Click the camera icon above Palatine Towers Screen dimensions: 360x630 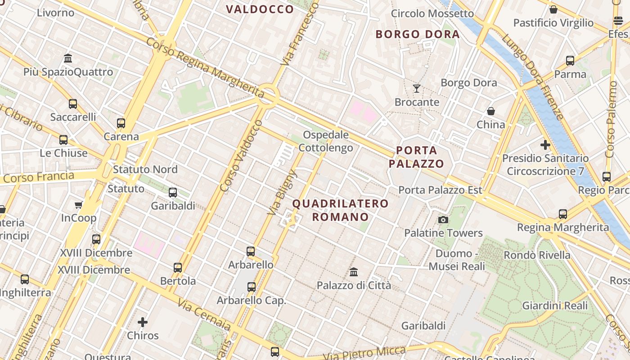(x=443, y=220)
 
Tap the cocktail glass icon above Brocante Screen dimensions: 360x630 (x=417, y=88)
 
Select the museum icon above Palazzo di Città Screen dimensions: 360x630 (x=354, y=272)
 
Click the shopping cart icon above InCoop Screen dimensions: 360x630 (x=79, y=205)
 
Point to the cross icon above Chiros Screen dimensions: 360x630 (x=143, y=322)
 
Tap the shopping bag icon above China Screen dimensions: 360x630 (x=491, y=111)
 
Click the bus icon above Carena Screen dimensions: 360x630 (x=121, y=123)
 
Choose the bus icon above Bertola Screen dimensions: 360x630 (x=178, y=267)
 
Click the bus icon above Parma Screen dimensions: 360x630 (x=570, y=60)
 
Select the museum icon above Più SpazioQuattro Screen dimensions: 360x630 (x=68, y=58)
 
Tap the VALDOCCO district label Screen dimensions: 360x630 (x=260, y=9)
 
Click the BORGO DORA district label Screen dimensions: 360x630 (x=418, y=34)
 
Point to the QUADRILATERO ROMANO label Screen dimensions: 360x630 (x=340, y=210)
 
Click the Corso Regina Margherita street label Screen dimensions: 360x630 (x=205, y=67)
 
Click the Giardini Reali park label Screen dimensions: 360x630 (x=555, y=306)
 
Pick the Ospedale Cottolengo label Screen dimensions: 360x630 (x=326, y=141)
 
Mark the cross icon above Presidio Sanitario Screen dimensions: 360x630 (x=545, y=145)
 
